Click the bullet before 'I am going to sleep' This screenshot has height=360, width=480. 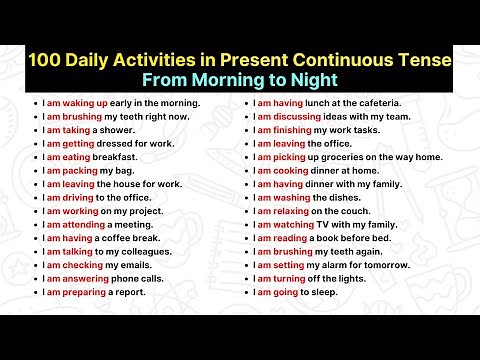[x=247, y=292]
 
